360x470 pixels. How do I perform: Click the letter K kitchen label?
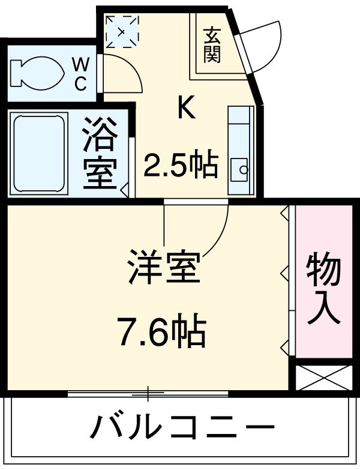[185, 108]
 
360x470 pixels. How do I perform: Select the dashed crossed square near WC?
[122, 29]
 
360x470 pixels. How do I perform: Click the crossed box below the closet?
[323, 376]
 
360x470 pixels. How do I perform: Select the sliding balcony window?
[147, 394]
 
